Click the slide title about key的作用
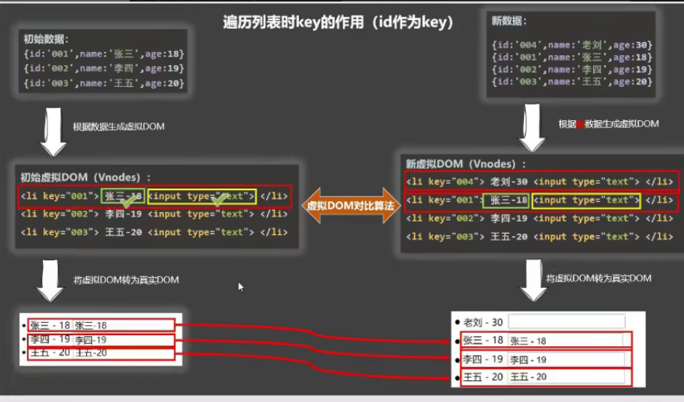[338, 23]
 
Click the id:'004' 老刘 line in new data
[571, 45]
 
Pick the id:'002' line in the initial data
[103, 68]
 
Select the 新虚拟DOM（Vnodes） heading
[465, 164]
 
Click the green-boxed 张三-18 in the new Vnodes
[505, 200]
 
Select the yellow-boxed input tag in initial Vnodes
[202, 196]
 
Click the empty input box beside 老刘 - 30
[566, 321]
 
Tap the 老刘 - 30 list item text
[483, 322]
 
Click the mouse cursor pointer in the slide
[241, 286]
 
